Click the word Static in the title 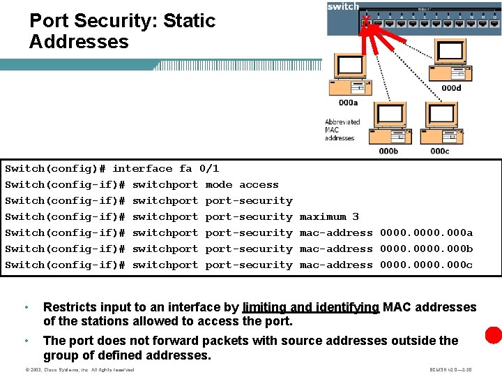coord(189,21)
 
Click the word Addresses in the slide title coord(79,42)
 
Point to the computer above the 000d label coord(449,59)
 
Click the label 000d coord(451,88)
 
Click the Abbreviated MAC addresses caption coord(342,130)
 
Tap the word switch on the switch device coord(343,6)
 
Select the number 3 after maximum coord(355,216)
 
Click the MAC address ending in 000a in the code coord(426,232)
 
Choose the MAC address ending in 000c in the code coord(426,265)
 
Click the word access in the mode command coord(259,184)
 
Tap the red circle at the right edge coord(494,334)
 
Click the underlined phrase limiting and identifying coord(310,307)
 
